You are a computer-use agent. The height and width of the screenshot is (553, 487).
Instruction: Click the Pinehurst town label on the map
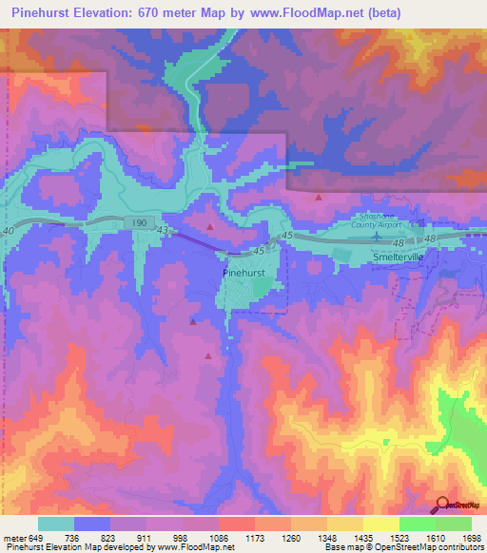point(249,271)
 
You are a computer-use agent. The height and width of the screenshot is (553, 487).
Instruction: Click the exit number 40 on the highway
point(10,231)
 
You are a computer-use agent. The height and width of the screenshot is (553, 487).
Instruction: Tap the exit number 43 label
point(163,231)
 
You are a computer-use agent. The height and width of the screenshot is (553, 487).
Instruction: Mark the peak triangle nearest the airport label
point(318,197)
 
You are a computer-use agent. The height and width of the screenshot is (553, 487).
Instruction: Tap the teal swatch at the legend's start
point(56,524)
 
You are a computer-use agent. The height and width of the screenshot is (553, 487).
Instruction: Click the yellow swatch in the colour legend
point(380,524)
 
